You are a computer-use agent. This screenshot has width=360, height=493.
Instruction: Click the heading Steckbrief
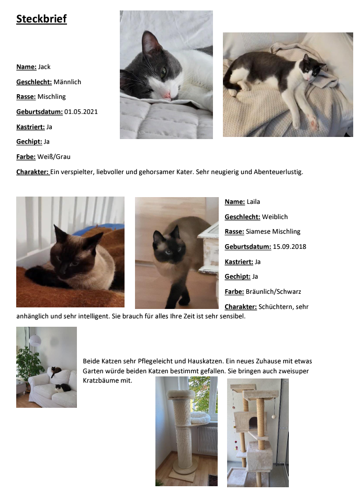click(41, 19)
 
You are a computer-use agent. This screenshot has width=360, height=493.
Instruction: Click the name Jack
click(44, 67)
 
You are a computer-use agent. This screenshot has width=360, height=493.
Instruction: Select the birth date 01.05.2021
click(81, 111)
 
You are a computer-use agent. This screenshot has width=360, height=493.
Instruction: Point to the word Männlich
click(67, 82)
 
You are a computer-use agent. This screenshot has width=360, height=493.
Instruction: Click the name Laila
click(253, 202)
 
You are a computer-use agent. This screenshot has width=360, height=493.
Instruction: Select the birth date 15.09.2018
click(290, 246)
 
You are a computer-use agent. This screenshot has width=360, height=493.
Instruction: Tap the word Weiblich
click(275, 216)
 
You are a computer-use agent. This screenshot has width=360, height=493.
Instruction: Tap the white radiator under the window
click(207, 440)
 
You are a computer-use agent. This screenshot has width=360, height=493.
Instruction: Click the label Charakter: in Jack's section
click(32, 171)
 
